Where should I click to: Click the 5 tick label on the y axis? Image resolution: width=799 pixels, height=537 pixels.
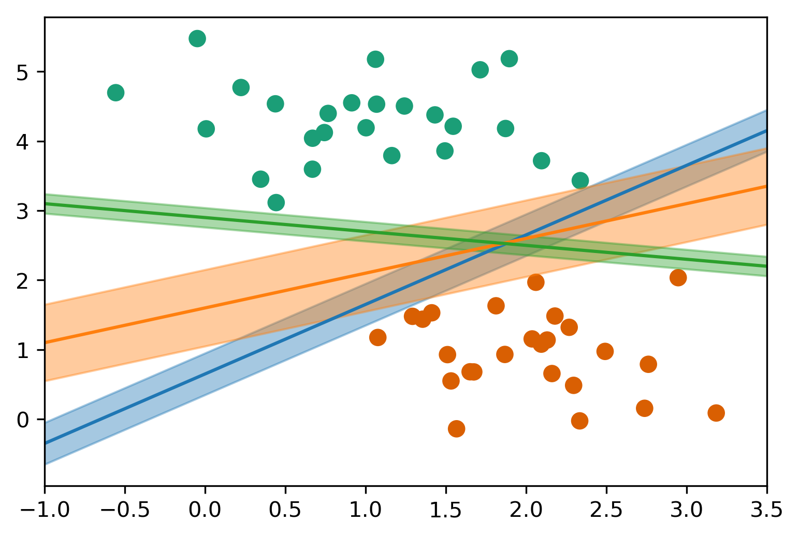point(23,72)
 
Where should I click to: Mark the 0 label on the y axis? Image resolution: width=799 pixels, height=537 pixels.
point(23,420)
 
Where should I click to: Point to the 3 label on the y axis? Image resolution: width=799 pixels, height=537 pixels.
point(23,211)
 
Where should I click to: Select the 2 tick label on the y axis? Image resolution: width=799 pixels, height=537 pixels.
point(23,281)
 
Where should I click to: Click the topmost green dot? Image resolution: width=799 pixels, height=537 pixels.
point(197,38)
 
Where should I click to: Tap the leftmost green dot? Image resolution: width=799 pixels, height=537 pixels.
point(115,93)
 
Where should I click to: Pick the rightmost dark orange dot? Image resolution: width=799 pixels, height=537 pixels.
point(716,413)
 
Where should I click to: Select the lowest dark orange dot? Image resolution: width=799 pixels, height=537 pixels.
point(456,428)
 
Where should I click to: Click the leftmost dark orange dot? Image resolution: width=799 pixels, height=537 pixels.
point(377,337)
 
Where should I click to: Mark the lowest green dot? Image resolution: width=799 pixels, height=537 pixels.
point(276,202)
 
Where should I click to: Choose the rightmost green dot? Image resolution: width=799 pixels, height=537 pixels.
point(580,181)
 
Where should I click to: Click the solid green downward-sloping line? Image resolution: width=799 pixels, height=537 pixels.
point(207,218)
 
